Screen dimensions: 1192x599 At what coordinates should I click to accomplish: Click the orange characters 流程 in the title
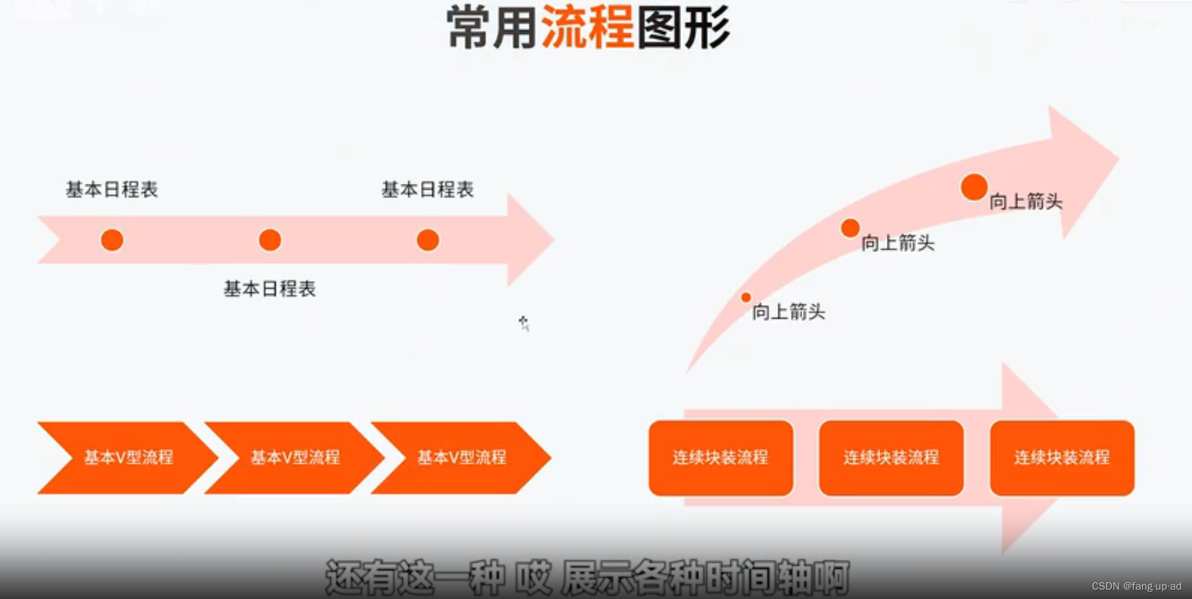pyautogui.click(x=587, y=28)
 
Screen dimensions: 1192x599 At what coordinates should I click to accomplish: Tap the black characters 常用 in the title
pyautogui.click(x=492, y=28)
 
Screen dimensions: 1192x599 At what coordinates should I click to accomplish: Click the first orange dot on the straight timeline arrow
pyautogui.click(x=112, y=240)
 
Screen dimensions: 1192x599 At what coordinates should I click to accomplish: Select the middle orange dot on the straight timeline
pyautogui.click(x=270, y=240)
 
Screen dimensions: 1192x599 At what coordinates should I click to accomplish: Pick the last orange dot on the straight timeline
pyautogui.click(x=428, y=240)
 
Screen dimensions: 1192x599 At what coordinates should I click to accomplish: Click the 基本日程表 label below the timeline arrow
pyautogui.click(x=269, y=289)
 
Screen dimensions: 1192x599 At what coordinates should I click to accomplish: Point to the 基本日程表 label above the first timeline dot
pyautogui.click(x=112, y=190)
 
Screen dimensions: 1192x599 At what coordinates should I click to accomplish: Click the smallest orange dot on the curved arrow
pyautogui.click(x=746, y=297)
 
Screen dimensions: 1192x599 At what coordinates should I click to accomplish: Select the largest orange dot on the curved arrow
pyautogui.click(x=974, y=187)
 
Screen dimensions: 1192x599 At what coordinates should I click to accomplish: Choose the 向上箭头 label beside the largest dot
pyautogui.click(x=1025, y=201)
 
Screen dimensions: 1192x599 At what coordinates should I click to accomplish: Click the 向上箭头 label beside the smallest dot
pyautogui.click(x=789, y=312)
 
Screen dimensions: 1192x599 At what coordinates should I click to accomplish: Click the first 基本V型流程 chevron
pyautogui.click(x=127, y=458)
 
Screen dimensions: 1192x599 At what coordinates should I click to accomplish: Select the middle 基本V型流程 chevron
pyautogui.click(x=295, y=458)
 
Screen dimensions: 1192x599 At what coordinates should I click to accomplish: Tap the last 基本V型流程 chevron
pyautogui.click(x=461, y=458)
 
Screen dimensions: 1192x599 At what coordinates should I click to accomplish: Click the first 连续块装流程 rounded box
pyautogui.click(x=720, y=458)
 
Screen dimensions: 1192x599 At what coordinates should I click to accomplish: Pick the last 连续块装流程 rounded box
pyautogui.click(x=1062, y=458)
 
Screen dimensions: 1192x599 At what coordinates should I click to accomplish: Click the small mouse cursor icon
pyautogui.click(x=524, y=323)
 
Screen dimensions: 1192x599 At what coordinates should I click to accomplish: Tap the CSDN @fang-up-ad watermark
pyautogui.click(x=1136, y=586)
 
